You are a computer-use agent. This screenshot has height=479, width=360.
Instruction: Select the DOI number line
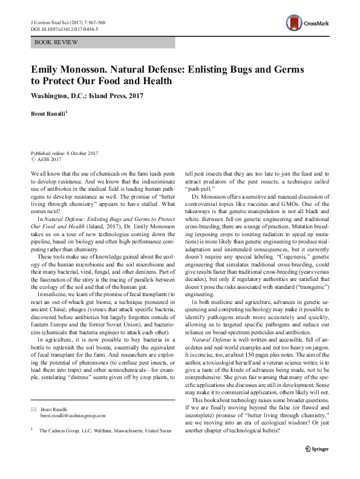click(64, 28)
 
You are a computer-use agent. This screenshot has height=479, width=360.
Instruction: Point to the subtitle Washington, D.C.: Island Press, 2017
click(87, 96)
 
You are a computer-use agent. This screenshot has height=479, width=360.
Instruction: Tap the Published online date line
click(63, 154)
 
